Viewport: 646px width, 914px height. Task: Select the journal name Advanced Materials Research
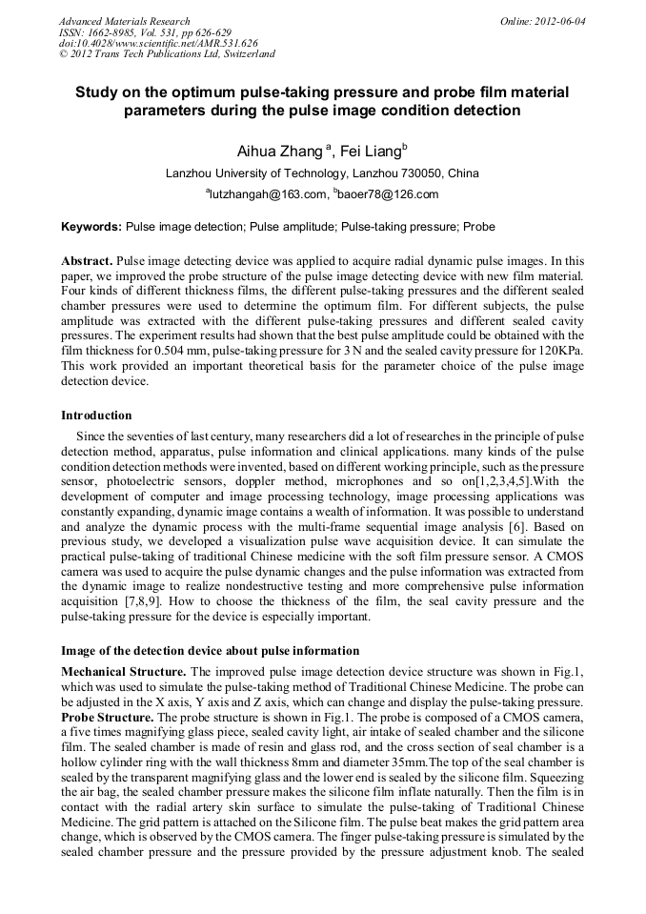point(124,20)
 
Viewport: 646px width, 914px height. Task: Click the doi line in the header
point(157,43)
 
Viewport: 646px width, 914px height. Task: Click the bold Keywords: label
point(91,228)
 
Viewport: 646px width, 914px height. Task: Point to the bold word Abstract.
point(89,260)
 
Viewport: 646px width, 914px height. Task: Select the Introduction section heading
point(96,416)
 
